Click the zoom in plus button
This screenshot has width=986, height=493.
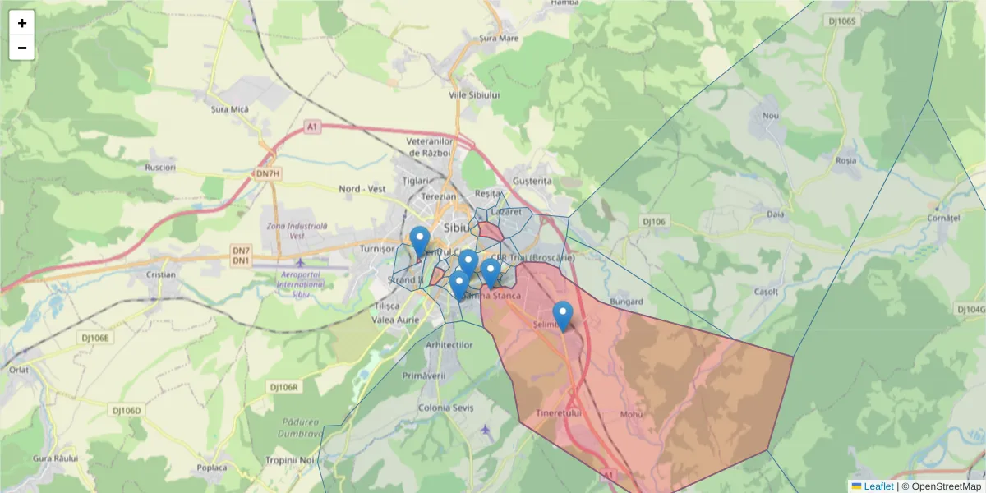pyautogui.click(x=22, y=23)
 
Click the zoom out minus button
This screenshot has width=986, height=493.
pyautogui.click(x=22, y=48)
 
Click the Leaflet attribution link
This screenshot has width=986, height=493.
pyautogui.click(x=878, y=486)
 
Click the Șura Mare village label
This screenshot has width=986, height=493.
pyautogui.click(x=499, y=38)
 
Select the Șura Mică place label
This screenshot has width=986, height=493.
pyautogui.click(x=230, y=108)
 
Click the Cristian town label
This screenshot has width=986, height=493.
pyautogui.click(x=161, y=274)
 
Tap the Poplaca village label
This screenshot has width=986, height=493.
pyautogui.click(x=211, y=468)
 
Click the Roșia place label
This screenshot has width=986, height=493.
pyautogui.click(x=845, y=160)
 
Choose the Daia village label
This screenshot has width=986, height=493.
pyautogui.click(x=775, y=214)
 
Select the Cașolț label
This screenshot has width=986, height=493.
pyautogui.click(x=766, y=292)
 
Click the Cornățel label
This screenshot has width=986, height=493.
pyautogui.click(x=943, y=219)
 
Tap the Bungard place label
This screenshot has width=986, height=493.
pyautogui.click(x=627, y=302)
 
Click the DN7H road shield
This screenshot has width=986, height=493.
pyautogui.click(x=268, y=173)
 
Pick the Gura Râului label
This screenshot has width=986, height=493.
pyautogui.click(x=55, y=458)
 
